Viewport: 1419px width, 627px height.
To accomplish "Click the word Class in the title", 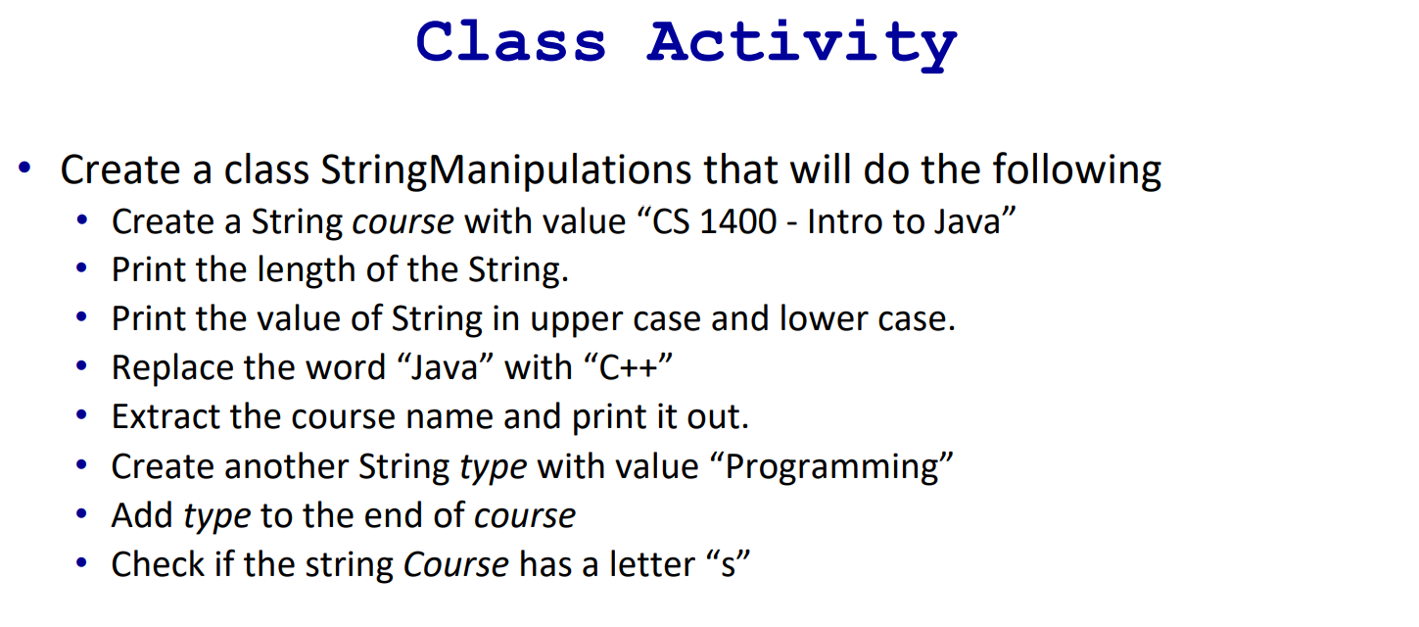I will click(x=511, y=43).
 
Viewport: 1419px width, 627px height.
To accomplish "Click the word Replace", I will click(x=180, y=368).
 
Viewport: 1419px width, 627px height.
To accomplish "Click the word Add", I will click(x=142, y=515).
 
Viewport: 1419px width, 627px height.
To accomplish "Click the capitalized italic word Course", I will click(x=455, y=564).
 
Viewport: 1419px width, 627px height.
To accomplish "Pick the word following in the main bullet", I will click(x=1077, y=170).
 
